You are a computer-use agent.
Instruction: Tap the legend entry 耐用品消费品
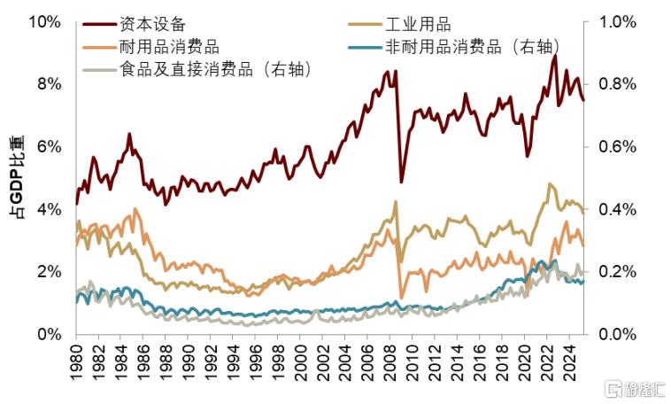[x=168, y=47]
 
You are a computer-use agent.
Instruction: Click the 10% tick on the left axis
[x=43, y=21]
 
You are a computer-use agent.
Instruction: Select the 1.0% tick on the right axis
[x=618, y=21]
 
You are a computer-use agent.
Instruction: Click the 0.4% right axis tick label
[x=618, y=209]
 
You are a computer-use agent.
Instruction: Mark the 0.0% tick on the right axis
[x=618, y=334]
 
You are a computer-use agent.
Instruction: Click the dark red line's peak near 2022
[x=554, y=56]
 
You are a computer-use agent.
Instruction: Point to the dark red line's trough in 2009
[x=401, y=182]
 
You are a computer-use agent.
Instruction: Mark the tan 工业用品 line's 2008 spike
[x=396, y=201]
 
